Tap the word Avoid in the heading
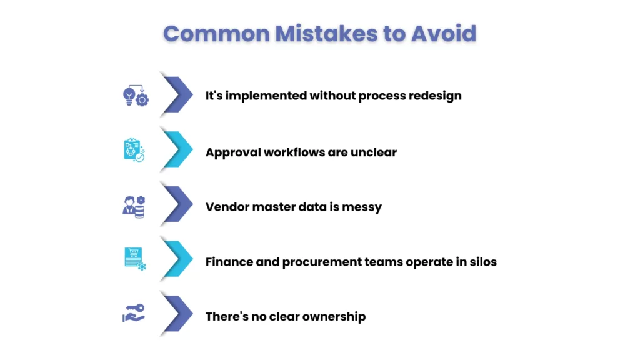point(443,33)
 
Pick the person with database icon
point(134,206)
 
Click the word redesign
point(435,96)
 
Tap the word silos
point(480,262)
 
